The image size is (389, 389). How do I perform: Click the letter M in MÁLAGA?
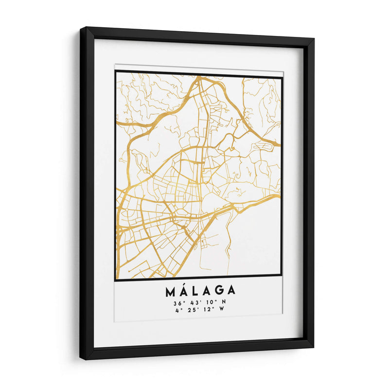click(171, 291)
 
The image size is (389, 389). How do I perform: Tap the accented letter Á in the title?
click(184, 290)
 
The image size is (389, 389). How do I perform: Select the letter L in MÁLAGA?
click(194, 291)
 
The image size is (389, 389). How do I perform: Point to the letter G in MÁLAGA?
click(218, 291)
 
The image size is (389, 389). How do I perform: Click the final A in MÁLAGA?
click(230, 291)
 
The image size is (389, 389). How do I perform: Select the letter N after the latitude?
click(223, 302)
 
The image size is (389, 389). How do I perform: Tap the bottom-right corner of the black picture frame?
click(313, 348)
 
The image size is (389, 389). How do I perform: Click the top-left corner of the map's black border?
click(116, 71)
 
